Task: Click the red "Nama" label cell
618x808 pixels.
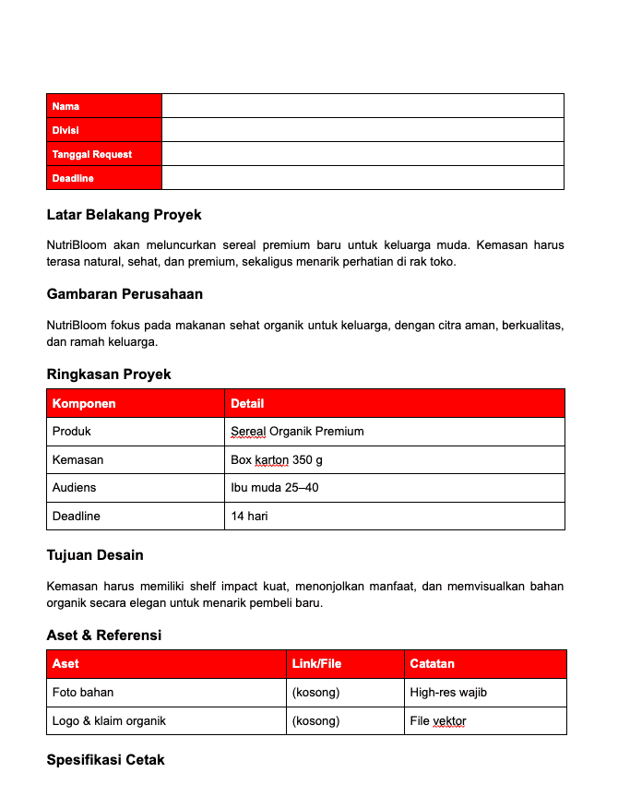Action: [x=103, y=106]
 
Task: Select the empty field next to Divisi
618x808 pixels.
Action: [x=362, y=130]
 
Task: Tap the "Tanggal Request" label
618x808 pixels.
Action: [x=92, y=154]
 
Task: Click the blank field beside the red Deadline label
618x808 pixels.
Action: [x=362, y=178]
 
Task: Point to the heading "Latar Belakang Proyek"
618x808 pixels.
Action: [x=124, y=215]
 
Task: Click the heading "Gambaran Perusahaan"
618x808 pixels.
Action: [x=125, y=294]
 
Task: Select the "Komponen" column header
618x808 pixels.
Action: [x=84, y=403]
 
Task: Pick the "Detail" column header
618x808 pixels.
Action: [x=247, y=403]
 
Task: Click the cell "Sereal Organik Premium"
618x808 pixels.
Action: [x=297, y=432]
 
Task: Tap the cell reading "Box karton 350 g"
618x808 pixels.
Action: [x=277, y=459]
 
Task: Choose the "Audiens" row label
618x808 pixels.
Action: [x=74, y=487]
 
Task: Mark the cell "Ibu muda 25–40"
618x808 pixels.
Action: [x=275, y=487]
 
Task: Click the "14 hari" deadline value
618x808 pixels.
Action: [x=249, y=516]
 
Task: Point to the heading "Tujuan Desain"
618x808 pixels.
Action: [x=95, y=555]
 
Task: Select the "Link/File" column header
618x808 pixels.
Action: [x=316, y=664]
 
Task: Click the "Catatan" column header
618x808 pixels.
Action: [x=433, y=664]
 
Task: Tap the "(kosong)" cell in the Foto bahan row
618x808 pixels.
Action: [x=315, y=693]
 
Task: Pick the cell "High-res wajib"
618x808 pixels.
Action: [x=448, y=693]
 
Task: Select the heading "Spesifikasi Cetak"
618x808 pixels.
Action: [x=105, y=760]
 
